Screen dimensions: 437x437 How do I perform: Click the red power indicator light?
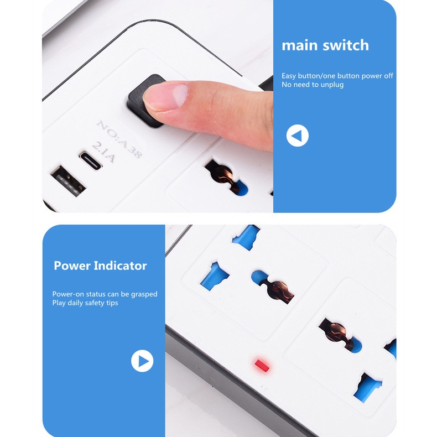[262, 366]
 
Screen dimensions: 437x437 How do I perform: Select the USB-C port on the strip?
[91, 161]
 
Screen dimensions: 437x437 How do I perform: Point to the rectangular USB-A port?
[68, 181]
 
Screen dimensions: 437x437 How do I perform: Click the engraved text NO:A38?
[119, 138]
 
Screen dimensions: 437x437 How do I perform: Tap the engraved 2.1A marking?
[103, 152]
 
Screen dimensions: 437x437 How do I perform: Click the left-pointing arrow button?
[298, 136]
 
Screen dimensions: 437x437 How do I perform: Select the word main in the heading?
[300, 46]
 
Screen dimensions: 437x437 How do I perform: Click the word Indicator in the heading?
[120, 266]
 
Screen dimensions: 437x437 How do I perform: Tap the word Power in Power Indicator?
[72, 266]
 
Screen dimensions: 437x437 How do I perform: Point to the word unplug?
[332, 85]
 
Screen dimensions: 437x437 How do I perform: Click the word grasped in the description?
[144, 294]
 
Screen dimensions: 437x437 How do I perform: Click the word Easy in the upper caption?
[289, 76]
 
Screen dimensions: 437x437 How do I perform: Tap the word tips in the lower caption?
[112, 303]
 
